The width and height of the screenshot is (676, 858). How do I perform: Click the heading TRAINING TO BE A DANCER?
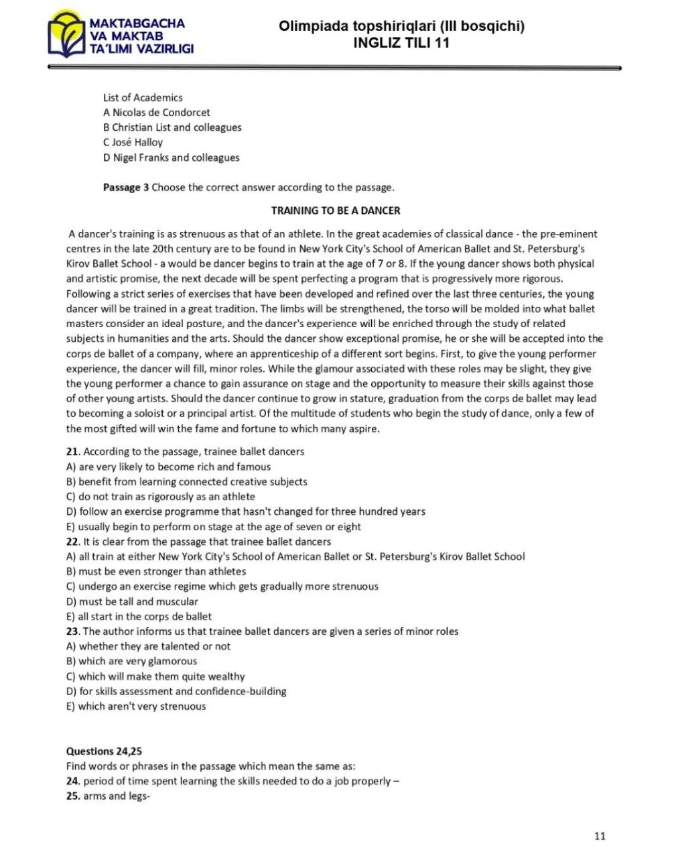click(335, 210)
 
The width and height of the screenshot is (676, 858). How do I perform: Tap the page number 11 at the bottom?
click(600, 835)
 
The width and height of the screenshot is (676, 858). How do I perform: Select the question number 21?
click(73, 452)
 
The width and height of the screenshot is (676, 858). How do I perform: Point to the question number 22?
click(73, 542)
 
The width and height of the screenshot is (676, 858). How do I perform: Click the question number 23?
click(73, 631)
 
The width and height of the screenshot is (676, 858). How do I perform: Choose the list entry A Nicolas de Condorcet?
click(156, 113)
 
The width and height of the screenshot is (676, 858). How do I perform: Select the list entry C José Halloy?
click(133, 142)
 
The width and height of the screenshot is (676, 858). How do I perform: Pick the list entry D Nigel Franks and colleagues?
click(171, 158)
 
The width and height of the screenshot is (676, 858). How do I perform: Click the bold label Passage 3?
click(125, 187)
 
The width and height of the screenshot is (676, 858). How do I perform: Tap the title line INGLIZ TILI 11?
click(401, 44)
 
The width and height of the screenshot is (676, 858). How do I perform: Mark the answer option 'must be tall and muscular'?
click(132, 601)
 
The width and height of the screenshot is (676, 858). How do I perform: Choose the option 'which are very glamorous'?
click(131, 661)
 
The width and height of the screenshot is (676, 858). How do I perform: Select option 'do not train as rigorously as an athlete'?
click(161, 497)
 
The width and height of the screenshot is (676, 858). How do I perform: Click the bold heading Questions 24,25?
click(104, 751)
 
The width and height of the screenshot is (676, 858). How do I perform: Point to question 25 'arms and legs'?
click(108, 796)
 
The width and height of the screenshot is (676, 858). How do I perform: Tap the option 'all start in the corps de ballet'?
click(139, 616)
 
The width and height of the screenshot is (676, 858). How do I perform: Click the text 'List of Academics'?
click(143, 98)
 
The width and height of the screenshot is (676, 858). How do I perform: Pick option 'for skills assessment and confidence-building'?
click(176, 691)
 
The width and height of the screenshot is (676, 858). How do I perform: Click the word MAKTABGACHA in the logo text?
click(137, 23)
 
